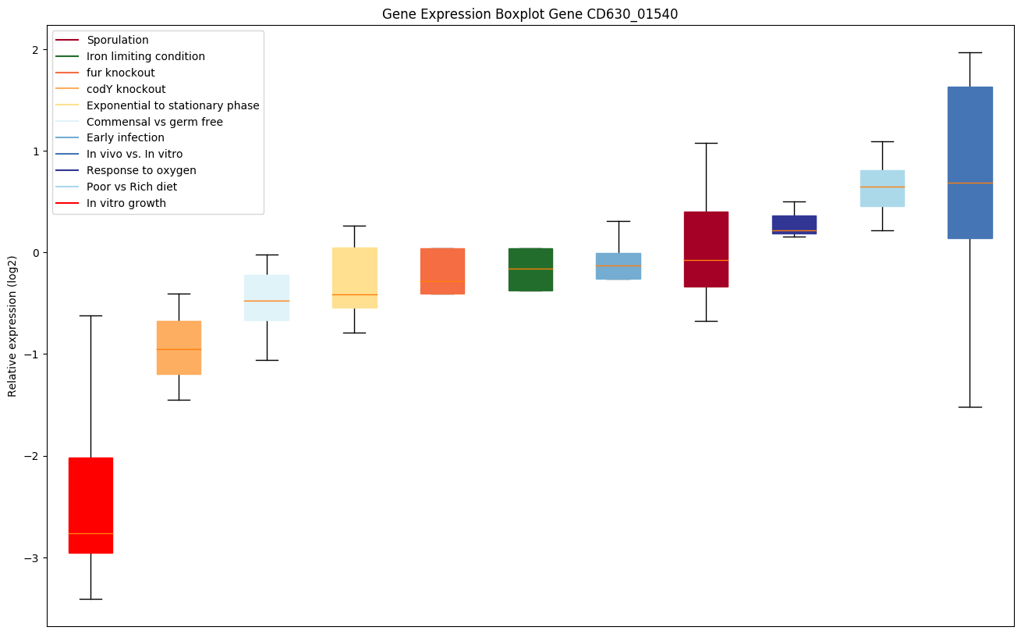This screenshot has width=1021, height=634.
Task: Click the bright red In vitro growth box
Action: (90, 505)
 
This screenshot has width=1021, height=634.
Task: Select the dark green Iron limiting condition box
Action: (530, 269)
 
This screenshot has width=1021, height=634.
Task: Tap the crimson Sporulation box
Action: (706, 249)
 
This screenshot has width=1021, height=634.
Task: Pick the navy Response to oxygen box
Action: (794, 225)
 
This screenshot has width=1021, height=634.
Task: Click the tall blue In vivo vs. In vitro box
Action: (970, 162)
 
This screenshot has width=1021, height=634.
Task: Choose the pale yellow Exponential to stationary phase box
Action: (355, 278)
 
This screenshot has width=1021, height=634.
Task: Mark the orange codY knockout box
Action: (179, 347)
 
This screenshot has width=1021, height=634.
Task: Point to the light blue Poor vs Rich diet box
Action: (882, 188)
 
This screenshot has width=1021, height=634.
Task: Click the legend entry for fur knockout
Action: (120, 73)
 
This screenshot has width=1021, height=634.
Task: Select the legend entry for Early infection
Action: (125, 138)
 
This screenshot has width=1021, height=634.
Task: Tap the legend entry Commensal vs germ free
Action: (154, 122)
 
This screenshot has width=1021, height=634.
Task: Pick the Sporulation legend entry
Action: (117, 40)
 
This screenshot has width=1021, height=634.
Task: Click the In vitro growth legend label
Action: (126, 204)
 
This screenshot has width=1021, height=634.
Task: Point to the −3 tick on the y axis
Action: (34, 558)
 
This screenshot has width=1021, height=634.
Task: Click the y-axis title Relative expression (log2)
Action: (12, 328)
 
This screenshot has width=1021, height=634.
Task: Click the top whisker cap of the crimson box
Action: (706, 143)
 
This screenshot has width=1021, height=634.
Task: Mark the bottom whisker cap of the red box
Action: (90, 599)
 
